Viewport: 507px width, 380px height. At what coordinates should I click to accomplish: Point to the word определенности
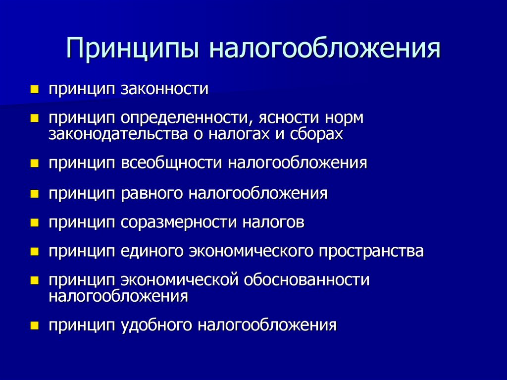(x=182, y=119)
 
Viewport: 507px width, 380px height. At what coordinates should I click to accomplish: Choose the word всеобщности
(x=172, y=163)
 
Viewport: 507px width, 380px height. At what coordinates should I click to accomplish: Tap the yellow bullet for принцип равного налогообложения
(x=34, y=193)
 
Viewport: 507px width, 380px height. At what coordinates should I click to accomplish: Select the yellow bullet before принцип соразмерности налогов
(x=34, y=222)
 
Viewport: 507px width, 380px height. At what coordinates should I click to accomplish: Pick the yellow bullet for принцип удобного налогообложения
(x=34, y=326)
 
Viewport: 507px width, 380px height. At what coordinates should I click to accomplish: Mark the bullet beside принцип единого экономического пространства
(x=34, y=252)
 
